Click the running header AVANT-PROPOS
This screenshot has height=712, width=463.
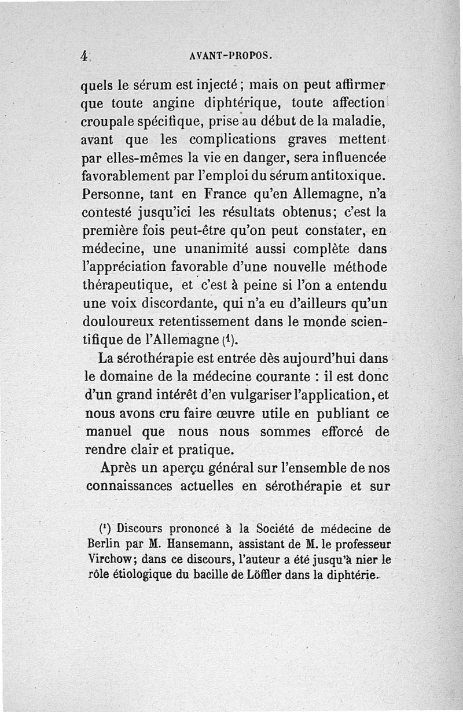pyautogui.click(x=231, y=56)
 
